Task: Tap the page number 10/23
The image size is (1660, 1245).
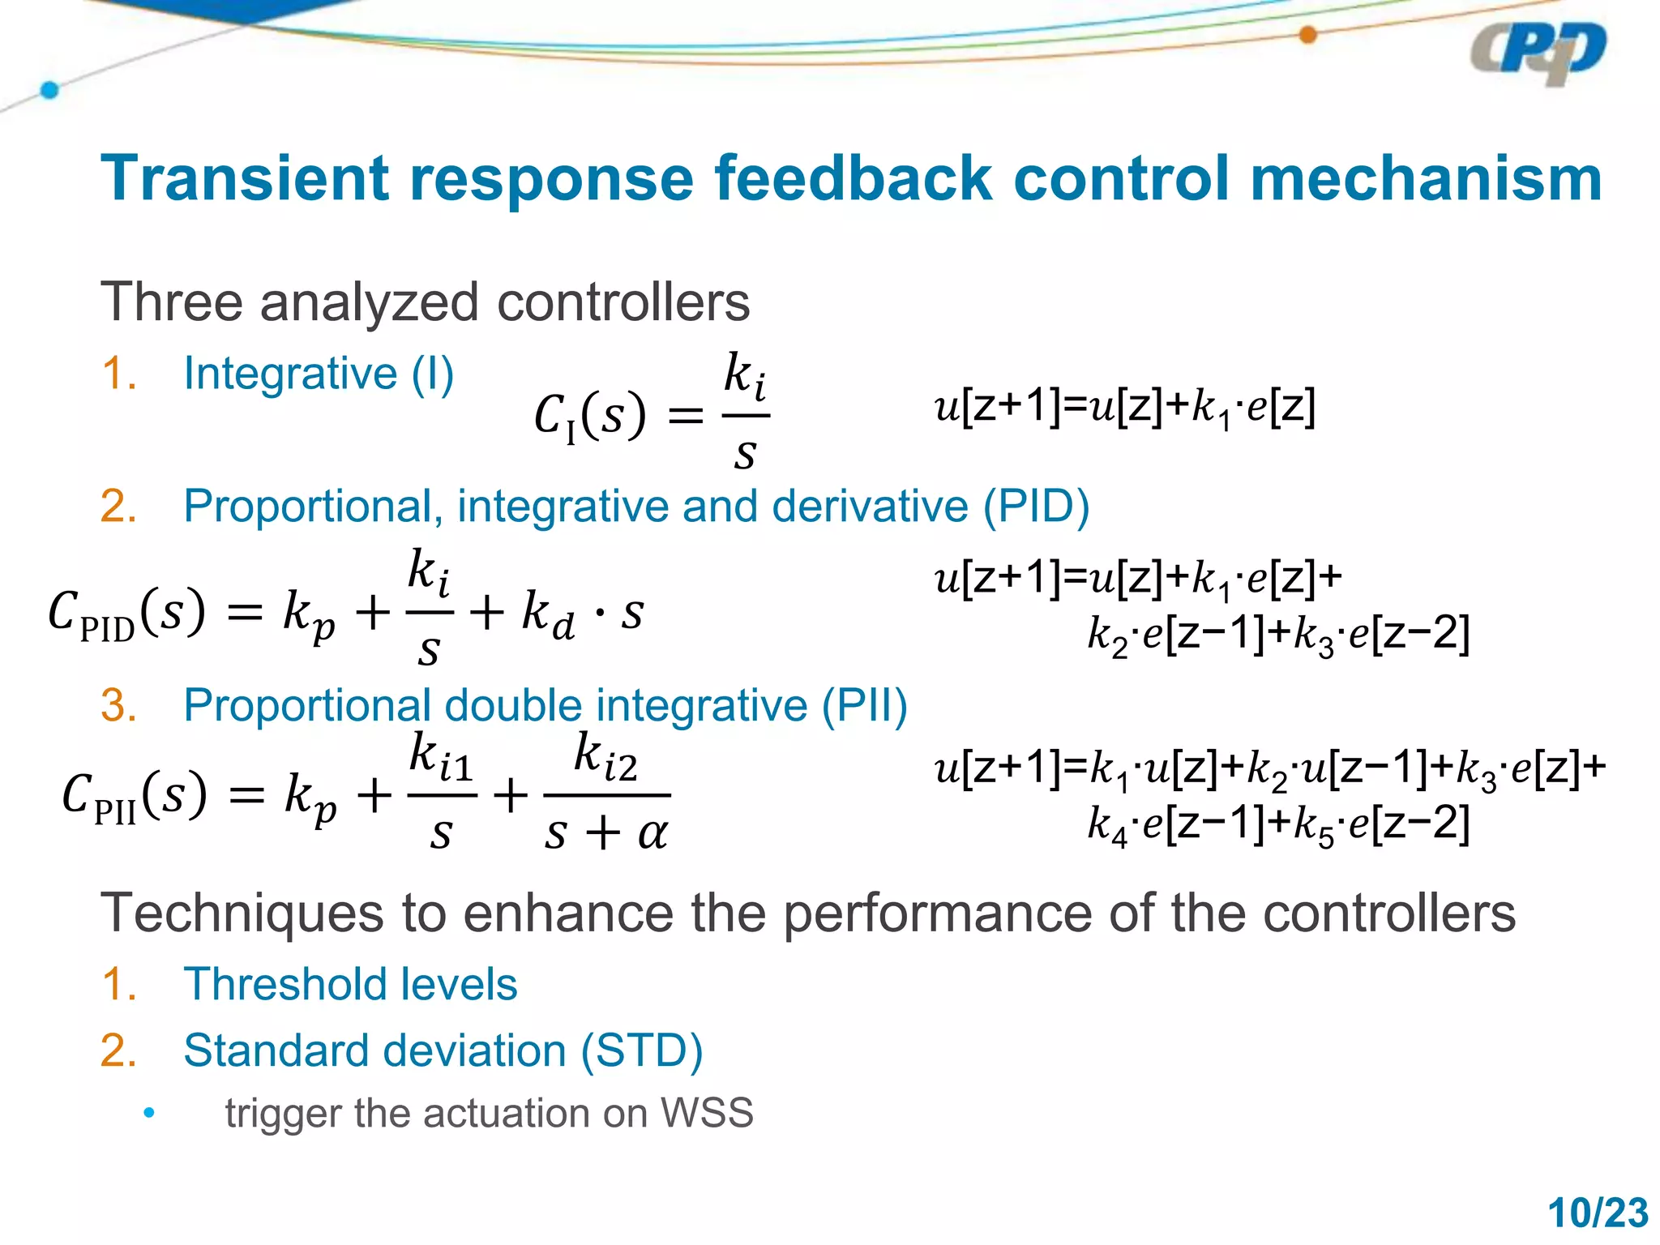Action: tap(1597, 1213)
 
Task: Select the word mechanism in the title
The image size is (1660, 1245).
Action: tap(1426, 178)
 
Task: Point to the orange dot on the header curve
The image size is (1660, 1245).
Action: tap(1307, 35)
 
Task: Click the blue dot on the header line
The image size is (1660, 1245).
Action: tap(49, 90)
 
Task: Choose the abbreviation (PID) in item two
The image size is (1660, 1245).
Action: tap(1036, 507)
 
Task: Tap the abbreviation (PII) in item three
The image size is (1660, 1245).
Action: tap(864, 705)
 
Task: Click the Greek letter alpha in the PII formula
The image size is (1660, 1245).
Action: tap(652, 833)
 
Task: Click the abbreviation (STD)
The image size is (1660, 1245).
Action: tap(641, 1051)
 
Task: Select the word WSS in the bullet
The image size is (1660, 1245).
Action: tap(707, 1113)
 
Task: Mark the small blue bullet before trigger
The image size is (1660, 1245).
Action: tap(148, 1113)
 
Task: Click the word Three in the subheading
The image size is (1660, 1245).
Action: tap(171, 302)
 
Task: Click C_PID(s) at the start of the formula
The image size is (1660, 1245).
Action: tap(126, 614)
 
